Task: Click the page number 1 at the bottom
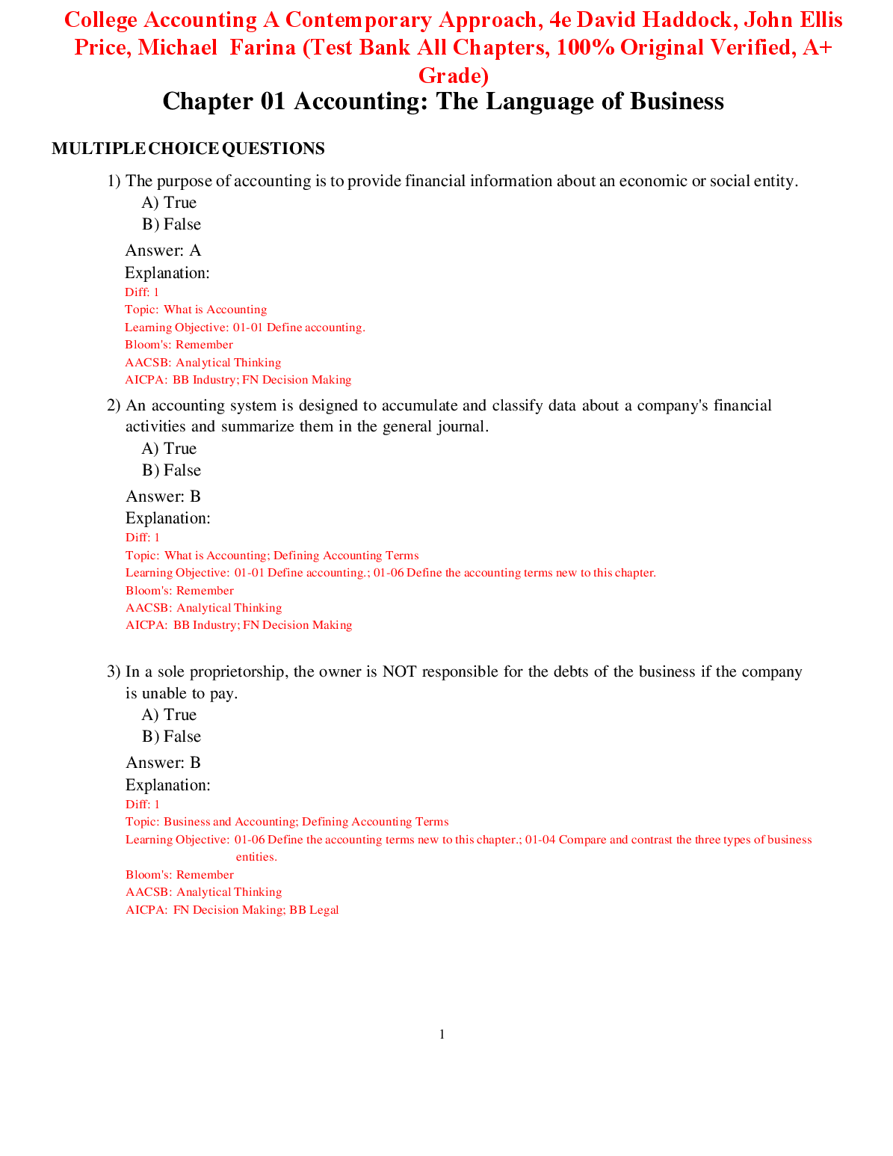point(442,1035)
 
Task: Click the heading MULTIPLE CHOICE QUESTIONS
point(188,149)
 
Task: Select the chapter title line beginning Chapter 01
point(442,102)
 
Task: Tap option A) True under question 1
point(169,203)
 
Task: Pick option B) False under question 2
point(171,470)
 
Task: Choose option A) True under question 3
point(169,715)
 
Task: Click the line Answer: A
point(163,250)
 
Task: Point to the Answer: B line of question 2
point(163,496)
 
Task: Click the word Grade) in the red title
point(454,76)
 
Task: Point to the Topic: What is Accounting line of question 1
point(196,310)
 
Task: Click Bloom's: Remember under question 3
point(179,875)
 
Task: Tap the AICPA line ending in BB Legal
point(232,910)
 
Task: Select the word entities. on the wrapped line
point(256,857)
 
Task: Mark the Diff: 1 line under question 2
point(143,538)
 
